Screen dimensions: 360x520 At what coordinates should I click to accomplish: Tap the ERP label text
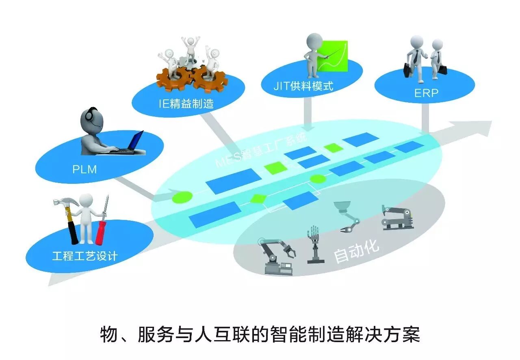(426, 93)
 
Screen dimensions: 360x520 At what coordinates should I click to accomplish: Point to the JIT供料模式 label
(303, 86)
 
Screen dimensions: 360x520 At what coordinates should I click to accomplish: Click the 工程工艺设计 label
(85, 256)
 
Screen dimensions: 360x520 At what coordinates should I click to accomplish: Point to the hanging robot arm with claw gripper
(348, 217)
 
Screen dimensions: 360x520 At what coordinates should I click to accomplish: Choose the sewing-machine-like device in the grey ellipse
(397, 218)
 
